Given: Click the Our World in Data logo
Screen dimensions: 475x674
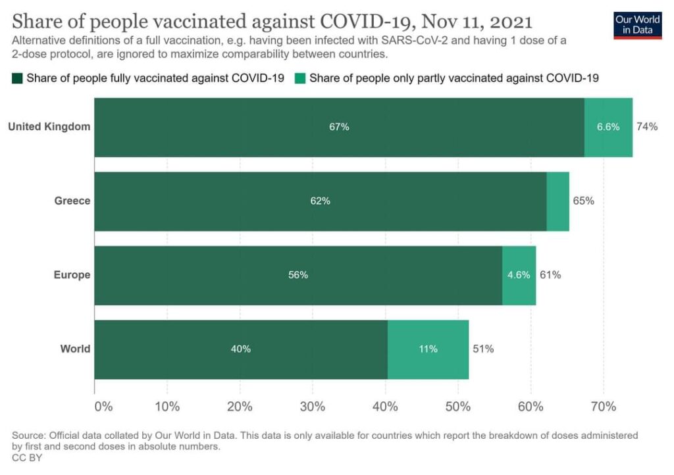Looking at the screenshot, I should [637, 24].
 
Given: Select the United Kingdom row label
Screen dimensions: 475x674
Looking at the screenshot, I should [49, 127].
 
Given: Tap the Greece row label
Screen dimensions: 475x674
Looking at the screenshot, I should [72, 201].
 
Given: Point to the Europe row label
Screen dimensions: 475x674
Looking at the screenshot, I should [72, 275].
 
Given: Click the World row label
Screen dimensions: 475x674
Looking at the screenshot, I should [76, 349].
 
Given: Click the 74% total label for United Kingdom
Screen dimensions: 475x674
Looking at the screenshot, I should [646, 127].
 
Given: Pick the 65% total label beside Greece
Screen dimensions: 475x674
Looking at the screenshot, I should [583, 201].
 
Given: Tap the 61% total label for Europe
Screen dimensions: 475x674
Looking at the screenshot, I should [550, 275].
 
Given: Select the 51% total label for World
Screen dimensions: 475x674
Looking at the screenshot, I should [483, 349].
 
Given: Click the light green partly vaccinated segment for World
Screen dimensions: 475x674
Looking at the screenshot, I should [428, 349].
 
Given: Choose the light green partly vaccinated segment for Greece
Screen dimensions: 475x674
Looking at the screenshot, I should [557, 201].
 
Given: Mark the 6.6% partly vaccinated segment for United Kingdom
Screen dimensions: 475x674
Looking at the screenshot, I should [608, 127].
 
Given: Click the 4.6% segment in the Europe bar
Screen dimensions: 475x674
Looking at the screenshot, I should [519, 275].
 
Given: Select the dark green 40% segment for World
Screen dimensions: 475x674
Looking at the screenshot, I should [241, 349].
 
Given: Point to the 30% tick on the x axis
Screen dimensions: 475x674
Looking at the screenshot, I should [313, 406].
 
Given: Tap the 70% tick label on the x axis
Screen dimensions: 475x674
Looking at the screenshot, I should [603, 406].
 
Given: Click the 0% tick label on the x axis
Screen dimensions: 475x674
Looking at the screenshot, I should [103, 406].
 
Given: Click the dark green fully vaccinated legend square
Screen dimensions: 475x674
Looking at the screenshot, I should [17, 78].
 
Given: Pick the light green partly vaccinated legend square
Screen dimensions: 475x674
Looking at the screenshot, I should [300, 78].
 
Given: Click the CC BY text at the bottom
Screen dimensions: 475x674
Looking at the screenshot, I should [27, 458].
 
